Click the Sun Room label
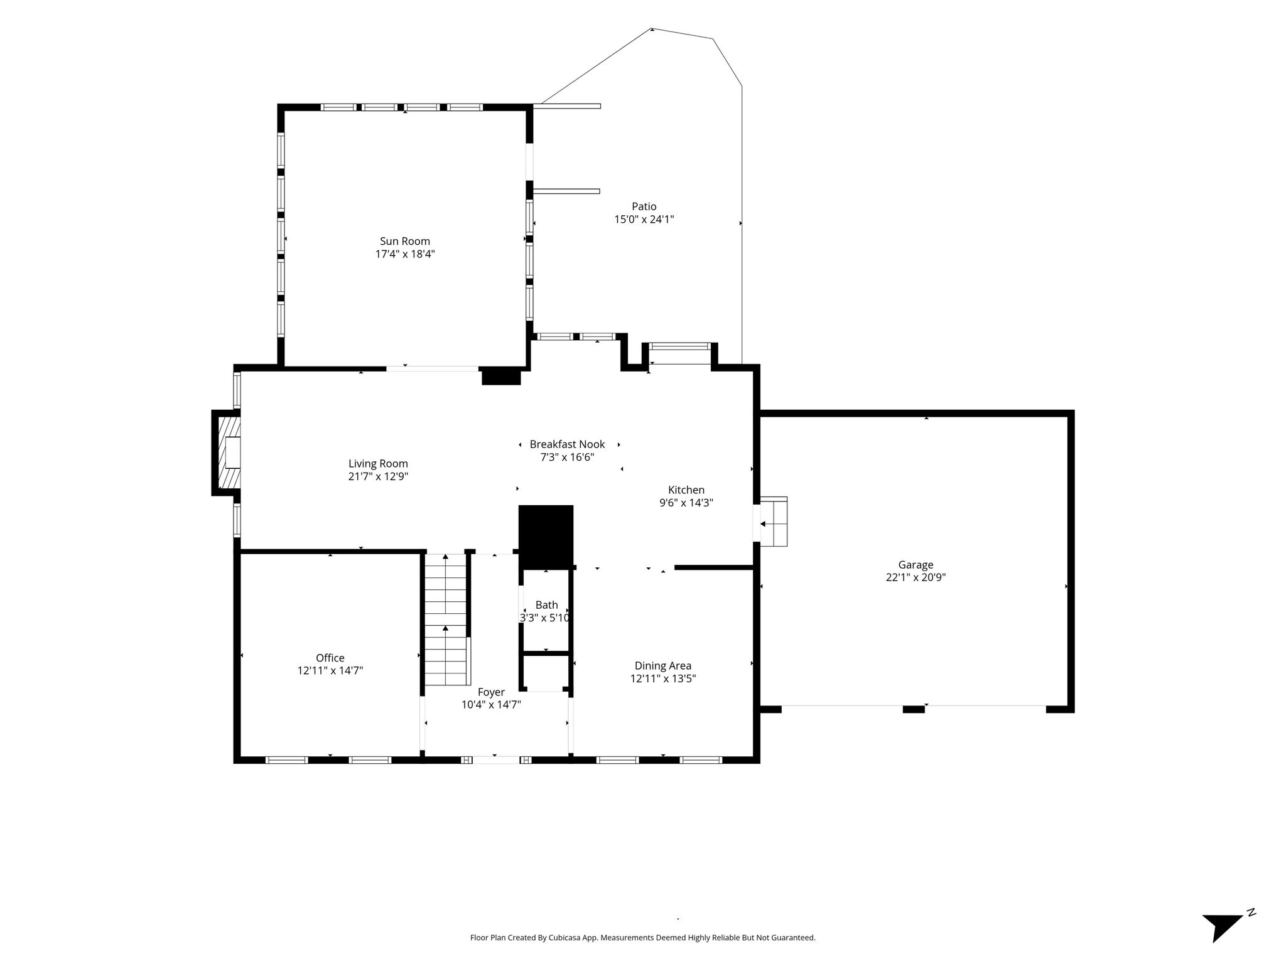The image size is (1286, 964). (x=405, y=241)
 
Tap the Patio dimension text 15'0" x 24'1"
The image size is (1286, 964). (x=644, y=220)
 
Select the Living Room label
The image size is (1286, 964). (x=378, y=464)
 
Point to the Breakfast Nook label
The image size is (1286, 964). (x=567, y=444)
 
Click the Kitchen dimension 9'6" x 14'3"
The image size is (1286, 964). (x=686, y=503)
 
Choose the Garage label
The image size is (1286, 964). (x=916, y=565)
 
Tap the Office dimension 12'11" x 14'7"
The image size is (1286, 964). (x=330, y=671)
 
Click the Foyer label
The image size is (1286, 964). (x=491, y=692)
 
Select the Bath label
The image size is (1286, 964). (x=546, y=605)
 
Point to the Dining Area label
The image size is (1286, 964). (x=663, y=666)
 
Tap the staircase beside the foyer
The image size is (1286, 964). (x=446, y=620)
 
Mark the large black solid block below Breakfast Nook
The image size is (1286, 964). (x=546, y=537)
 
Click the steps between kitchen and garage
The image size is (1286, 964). (x=774, y=522)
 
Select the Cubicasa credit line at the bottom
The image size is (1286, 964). (x=642, y=938)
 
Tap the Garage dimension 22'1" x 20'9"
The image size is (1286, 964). (x=916, y=578)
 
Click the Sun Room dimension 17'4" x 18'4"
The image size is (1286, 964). (x=405, y=254)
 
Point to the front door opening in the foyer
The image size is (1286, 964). (x=496, y=760)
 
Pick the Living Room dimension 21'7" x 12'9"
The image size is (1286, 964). (x=378, y=477)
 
